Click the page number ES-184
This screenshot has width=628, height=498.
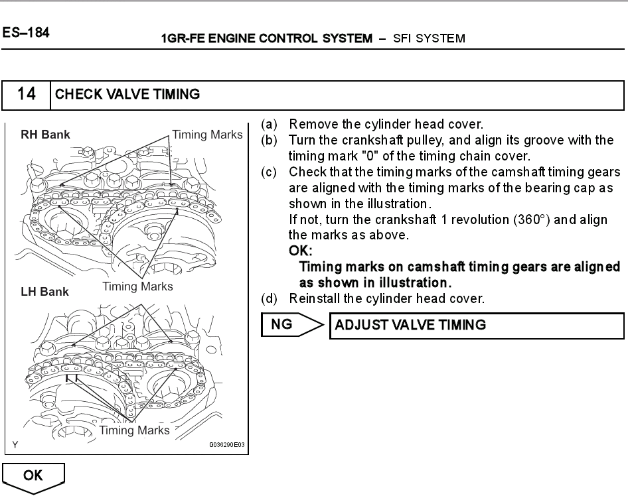pos(25,32)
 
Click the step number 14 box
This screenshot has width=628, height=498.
pos(27,94)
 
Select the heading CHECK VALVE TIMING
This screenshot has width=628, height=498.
pos(127,94)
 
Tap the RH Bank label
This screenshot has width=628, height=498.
pos(45,135)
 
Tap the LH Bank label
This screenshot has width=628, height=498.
pos(44,292)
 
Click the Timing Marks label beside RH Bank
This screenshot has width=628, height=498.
pos(208,135)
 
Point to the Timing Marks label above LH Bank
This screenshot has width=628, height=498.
pos(137,286)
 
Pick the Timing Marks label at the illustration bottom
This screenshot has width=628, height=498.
pos(134,430)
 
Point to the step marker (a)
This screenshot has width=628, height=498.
pos(269,124)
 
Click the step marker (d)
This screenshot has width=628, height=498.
pos(269,299)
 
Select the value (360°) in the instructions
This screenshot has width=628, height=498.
pos(531,219)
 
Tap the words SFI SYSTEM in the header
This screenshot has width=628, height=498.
pos(429,38)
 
